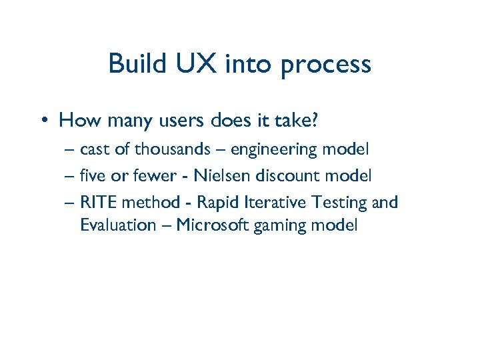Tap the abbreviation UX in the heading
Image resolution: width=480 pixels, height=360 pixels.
[194, 64]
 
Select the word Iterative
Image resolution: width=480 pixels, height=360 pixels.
[275, 202]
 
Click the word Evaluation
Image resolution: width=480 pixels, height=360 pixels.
[117, 225]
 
